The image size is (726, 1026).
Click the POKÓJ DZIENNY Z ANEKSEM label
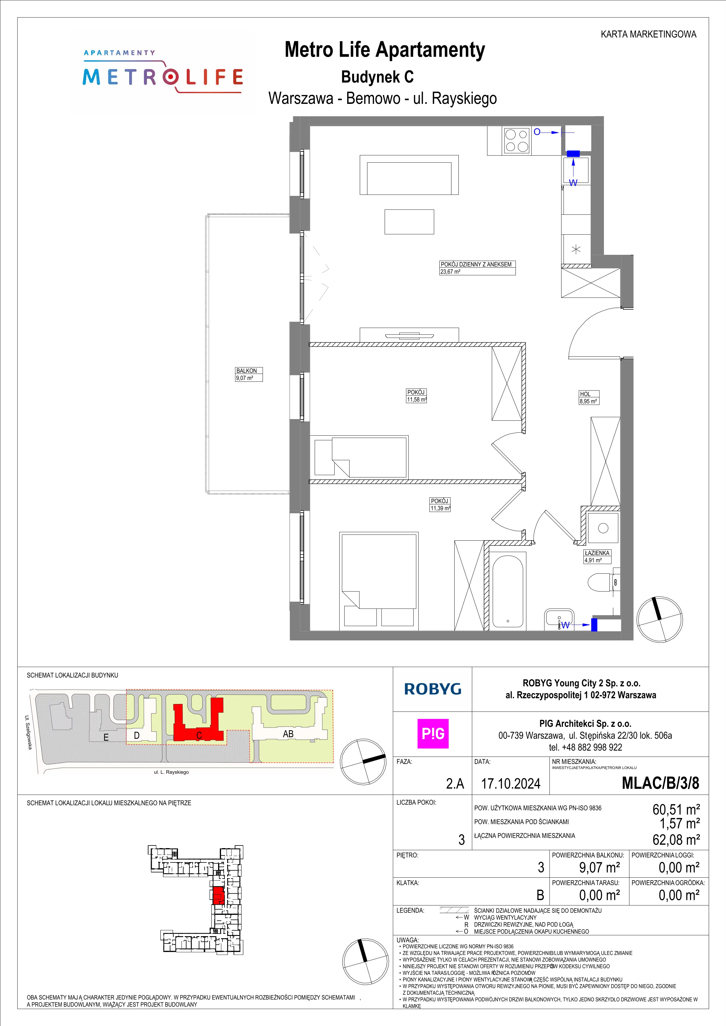pos(476,264)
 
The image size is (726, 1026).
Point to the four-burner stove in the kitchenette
pos(517,141)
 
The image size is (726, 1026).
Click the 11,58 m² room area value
pos(416,400)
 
